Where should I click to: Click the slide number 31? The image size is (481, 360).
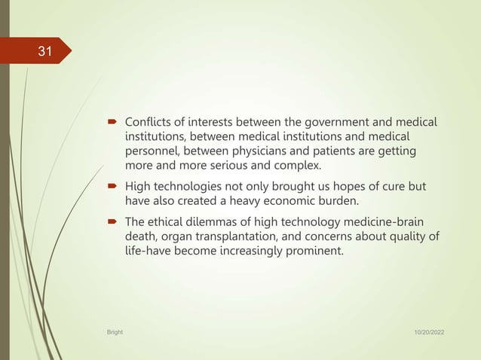click(x=45, y=52)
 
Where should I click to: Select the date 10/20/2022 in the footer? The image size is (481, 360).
click(x=427, y=331)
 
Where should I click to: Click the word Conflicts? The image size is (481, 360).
click(x=149, y=122)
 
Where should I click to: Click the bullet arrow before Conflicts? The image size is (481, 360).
click(x=112, y=122)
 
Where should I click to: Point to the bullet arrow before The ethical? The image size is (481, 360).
click(x=112, y=222)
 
